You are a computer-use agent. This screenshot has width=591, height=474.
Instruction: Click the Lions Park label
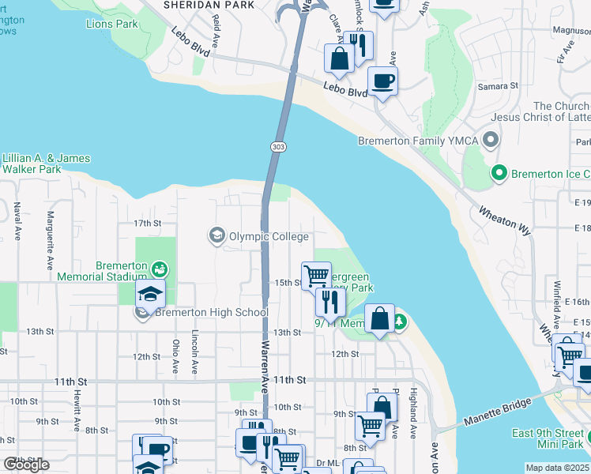pyautogui.click(x=111, y=24)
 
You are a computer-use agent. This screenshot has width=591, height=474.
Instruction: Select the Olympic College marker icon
pyautogui.click(x=216, y=235)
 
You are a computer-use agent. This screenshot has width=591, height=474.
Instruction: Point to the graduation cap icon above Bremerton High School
pyautogui.click(x=149, y=295)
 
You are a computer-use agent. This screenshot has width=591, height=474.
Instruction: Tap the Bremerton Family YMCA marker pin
pyautogui.click(x=491, y=141)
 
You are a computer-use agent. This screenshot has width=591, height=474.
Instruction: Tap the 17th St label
pyautogui.click(x=146, y=224)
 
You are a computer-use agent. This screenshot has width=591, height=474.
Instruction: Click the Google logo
pyautogui.click(x=27, y=465)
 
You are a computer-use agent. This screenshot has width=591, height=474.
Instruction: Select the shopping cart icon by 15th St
pyautogui.click(x=316, y=276)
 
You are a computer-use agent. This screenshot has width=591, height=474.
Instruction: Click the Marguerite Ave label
pyautogui.click(x=50, y=236)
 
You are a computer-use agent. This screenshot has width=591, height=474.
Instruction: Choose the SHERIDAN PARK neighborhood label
pyautogui.click(x=209, y=5)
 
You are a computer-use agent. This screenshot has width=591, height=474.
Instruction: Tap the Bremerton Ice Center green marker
pyautogui.click(x=499, y=172)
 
